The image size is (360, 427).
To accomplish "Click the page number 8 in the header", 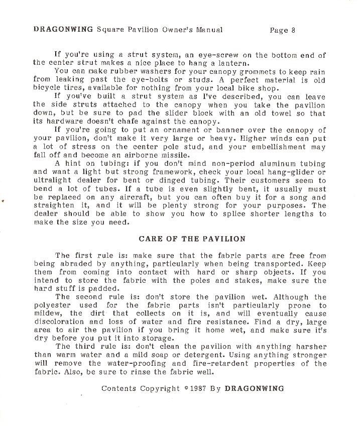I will (x=293, y=30).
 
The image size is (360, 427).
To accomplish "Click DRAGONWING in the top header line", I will (x=63, y=29).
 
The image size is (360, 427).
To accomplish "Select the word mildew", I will (x=48, y=313).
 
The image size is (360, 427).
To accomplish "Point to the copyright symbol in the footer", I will (x=187, y=387).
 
